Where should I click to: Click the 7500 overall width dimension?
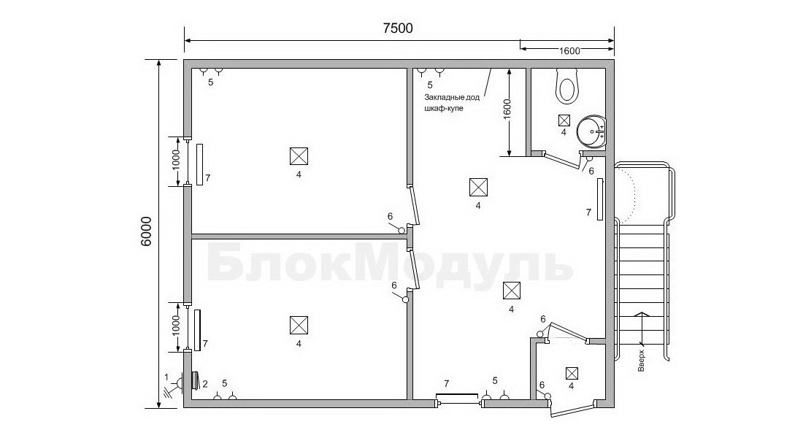click(398, 28)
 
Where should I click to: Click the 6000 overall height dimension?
click(146, 231)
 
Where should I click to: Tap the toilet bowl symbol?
click(567, 85)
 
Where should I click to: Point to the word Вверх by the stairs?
click(642, 361)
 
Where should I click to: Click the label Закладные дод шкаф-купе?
click(452, 102)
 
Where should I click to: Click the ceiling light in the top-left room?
click(299, 155)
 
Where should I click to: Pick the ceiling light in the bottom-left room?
click(299, 325)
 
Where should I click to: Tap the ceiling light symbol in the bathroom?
click(564, 120)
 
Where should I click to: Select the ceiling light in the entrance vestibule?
click(572, 373)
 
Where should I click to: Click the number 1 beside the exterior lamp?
click(166, 377)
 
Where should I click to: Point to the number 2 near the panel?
click(204, 384)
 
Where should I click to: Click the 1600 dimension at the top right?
click(569, 50)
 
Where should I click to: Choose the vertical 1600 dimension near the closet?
click(507, 109)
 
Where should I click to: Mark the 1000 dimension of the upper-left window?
click(176, 160)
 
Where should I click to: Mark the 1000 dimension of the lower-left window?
click(176, 326)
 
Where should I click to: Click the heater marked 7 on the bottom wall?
click(457, 395)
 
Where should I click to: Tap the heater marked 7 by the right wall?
click(599, 200)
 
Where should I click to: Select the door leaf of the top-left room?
click(415, 205)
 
